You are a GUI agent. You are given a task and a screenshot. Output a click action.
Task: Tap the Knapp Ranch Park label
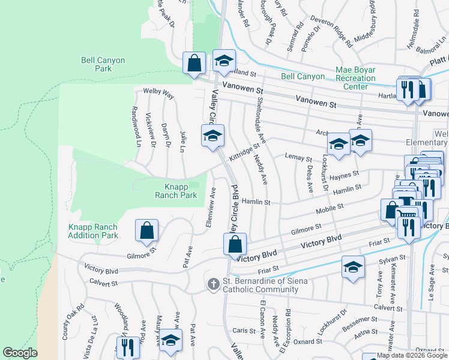pyautogui.click(x=176, y=191)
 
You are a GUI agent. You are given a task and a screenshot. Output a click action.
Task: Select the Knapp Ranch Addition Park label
pyautogui.click(x=93, y=231)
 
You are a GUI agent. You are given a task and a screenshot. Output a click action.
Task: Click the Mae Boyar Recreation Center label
pyautogui.click(x=355, y=78)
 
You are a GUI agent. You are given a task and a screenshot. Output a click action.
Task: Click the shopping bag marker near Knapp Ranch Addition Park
pyautogui.click(x=146, y=231)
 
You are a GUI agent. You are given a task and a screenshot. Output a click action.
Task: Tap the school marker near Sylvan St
pyautogui.click(x=354, y=267)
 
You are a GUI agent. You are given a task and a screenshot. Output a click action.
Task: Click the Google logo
pyautogui.click(x=20, y=353)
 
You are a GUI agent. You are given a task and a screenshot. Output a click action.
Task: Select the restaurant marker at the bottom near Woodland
pyautogui.click(x=127, y=348)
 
